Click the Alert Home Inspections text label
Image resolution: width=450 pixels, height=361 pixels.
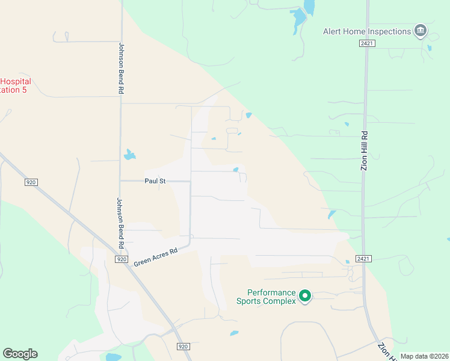coord(366,31)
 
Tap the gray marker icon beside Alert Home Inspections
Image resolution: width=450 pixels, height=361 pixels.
coord(421,31)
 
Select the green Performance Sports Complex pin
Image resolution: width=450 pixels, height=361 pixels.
coord(305,295)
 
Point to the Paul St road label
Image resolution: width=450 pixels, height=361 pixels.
coord(155,180)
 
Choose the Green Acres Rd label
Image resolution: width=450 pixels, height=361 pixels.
coord(156,256)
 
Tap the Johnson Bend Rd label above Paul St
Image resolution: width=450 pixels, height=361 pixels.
coord(121,67)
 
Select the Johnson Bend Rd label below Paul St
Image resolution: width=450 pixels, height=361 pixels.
coord(120,223)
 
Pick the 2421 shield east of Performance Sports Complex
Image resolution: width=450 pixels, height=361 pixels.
coord(363,259)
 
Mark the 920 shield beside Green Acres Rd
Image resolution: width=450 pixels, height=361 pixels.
coord(122,259)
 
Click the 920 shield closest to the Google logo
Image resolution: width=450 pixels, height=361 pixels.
coord(184,347)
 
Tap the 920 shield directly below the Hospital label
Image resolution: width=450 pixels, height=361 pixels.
coord(31,182)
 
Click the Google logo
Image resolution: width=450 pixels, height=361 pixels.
coord(20,354)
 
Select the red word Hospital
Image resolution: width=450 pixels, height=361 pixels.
coord(16,82)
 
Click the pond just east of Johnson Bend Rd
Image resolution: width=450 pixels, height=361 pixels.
coord(129,155)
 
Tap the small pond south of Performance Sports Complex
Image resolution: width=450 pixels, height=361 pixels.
coord(234,333)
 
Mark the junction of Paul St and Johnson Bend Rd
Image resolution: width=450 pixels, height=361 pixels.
coord(120,180)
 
